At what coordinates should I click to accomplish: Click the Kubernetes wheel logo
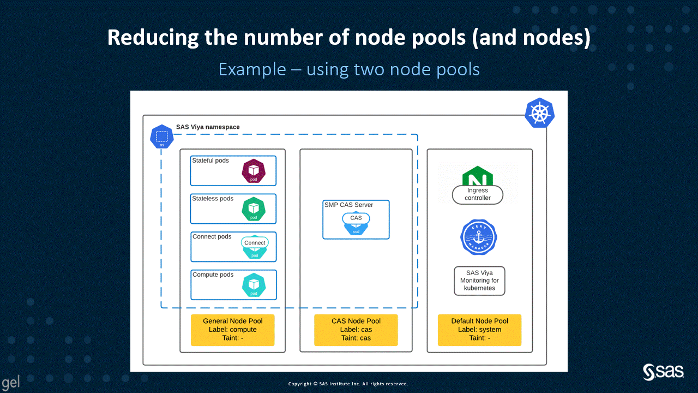pyautogui.click(x=539, y=114)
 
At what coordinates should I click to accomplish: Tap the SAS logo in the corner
pyautogui.click(x=664, y=372)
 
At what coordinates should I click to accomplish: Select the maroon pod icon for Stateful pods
pyautogui.click(x=254, y=171)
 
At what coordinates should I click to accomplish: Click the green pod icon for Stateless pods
pyautogui.click(x=254, y=209)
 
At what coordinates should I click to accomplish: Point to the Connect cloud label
pyautogui.click(x=255, y=243)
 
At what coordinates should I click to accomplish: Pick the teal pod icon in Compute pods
pyautogui.click(x=254, y=285)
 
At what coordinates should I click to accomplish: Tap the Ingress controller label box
pyautogui.click(x=478, y=194)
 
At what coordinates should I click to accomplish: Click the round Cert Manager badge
pyautogui.click(x=479, y=237)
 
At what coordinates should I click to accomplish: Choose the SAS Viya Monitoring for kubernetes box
pyautogui.click(x=479, y=281)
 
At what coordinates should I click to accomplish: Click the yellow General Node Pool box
pyautogui.click(x=232, y=330)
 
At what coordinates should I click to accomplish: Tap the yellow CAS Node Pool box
pyautogui.click(x=356, y=330)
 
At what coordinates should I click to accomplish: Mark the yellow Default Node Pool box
pyautogui.click(x=479, y=330)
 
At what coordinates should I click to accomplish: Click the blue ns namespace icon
pyautogui.click(x=161, y=136)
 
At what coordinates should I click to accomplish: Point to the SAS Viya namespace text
pyautogui.click(x=208, y=127)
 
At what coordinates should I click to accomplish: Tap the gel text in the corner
pyautogui.click(x=11, y=383)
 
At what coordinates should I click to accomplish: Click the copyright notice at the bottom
pyautogui.click(x=348, y=384)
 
